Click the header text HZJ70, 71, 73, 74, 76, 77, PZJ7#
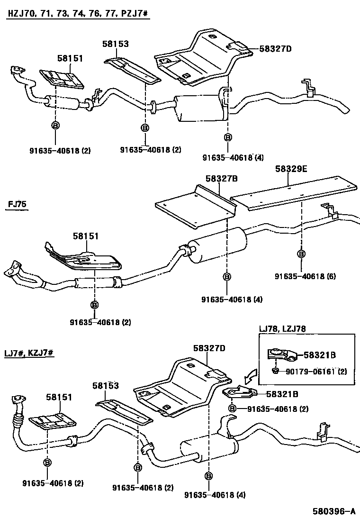point(78,15)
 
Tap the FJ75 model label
point(18,205)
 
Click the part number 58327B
point(221,178)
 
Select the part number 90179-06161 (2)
point(316,371)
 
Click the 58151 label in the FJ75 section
point(87,236)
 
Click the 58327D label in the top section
point(275,48)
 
